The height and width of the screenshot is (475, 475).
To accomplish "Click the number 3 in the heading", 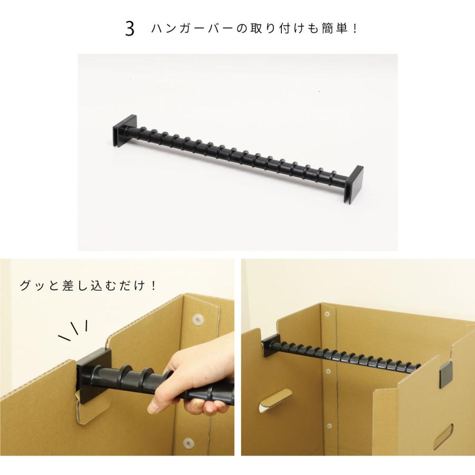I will (130, 28).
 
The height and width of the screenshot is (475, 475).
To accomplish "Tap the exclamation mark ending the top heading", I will (354, 28).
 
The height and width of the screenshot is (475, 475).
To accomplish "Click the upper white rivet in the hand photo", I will (198, 319).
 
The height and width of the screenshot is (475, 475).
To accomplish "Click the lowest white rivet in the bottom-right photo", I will (329, 425).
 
